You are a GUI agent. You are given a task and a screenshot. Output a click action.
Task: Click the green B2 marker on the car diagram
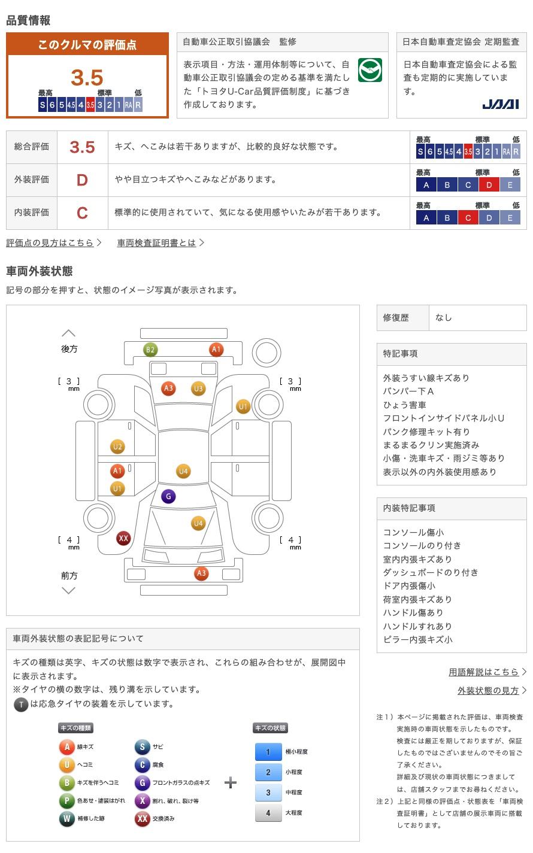pos(150,350)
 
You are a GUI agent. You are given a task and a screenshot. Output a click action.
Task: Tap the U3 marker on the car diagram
pos(198,388)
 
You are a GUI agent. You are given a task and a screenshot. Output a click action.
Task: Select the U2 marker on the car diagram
pos(117,447)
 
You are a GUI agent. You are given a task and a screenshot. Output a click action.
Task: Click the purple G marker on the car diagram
pos(168,496)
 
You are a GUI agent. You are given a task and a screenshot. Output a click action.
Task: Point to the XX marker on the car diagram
pos(123,538)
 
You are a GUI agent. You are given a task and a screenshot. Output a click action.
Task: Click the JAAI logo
pos(501,104)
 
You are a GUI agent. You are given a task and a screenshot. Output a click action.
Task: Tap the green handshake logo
pos(370,70)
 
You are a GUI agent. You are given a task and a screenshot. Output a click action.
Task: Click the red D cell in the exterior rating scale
pos(489,185)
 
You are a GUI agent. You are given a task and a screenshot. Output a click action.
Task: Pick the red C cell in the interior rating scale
pos(468,218)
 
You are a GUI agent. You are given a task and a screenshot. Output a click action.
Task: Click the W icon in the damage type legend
pos(66,818)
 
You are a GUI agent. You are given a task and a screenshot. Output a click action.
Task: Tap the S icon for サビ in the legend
pos(142,747)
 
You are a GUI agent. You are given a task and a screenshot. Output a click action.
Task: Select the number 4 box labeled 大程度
pos(268,813)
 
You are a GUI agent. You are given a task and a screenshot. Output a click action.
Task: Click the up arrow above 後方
pos(69,333)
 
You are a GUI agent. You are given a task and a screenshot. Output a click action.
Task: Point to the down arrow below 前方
pos(69,591)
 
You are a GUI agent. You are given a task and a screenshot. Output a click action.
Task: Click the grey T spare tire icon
pos(21,705)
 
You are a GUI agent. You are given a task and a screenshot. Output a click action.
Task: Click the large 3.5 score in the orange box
pos(87,78)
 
